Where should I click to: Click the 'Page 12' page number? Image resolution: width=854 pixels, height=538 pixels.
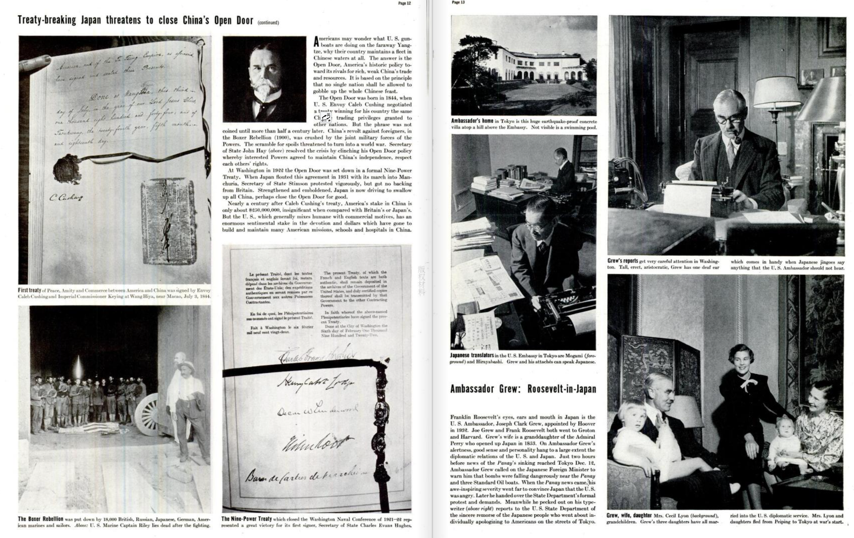click(x=404, y=3)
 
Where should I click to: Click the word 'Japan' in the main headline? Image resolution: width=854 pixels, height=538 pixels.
click(x=91, y=20)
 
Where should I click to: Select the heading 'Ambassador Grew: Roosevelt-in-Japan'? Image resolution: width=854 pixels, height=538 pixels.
click(x=523, y=389)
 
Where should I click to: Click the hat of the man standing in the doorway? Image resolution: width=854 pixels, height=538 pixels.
click(x=185, y=366)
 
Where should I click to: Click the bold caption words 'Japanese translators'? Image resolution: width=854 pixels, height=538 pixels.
click(x=471, y=355)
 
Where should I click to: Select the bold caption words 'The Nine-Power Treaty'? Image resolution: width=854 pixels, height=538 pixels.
click(x=246, y=519)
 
